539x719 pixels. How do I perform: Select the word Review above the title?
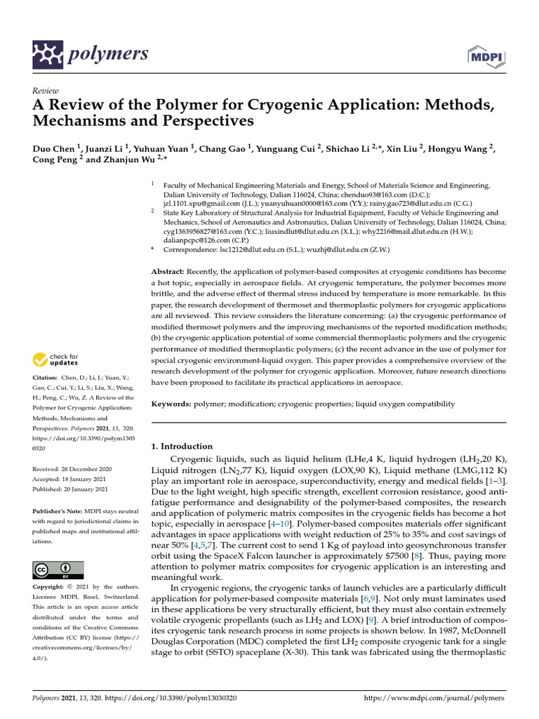click(46, 91)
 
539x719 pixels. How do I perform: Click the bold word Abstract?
click(168, 271)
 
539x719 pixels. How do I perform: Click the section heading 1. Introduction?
click(182, 446)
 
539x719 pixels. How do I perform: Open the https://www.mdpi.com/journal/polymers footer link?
click(435, 699)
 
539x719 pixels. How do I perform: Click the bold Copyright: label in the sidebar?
click(52, 586)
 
